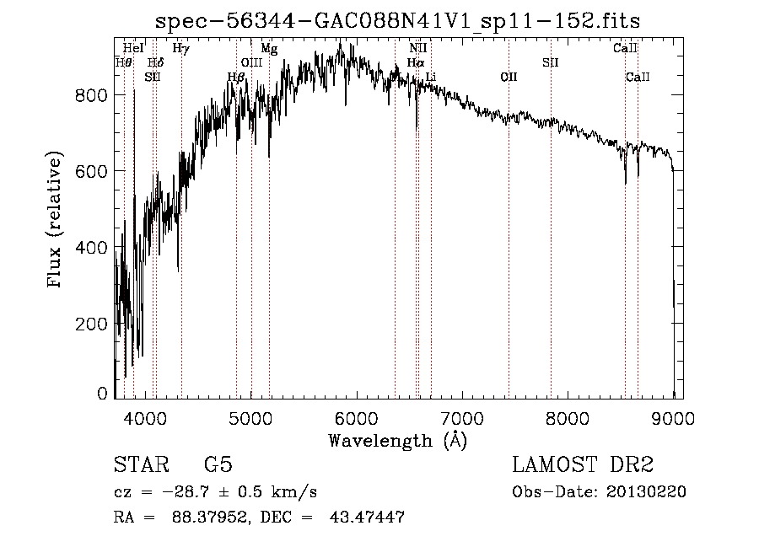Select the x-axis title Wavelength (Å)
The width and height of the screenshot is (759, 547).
(397, 439)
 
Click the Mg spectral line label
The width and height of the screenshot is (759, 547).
(269, 49)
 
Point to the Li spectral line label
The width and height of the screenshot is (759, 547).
(431, 78)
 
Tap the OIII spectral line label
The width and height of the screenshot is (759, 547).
(251, 63)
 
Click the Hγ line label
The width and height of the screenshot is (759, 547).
(180, 49)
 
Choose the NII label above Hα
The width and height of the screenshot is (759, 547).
(418, 49)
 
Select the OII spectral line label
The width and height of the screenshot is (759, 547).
(509, 78)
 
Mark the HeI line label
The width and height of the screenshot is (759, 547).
(133, 49)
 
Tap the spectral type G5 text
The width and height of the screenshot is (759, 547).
(218, 465)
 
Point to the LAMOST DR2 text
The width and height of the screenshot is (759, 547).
(583, 465)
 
